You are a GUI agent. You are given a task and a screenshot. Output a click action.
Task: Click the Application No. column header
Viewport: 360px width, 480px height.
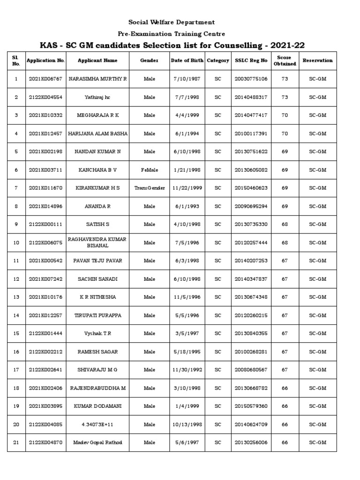[x=45, y=60]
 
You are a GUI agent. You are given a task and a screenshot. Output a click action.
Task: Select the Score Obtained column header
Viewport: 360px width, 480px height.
[x=285, y=60]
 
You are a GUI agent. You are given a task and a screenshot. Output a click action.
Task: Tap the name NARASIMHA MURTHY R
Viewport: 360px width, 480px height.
[x=97, y=79]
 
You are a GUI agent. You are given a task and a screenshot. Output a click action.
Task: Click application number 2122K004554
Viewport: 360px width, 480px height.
[x=45, y=97]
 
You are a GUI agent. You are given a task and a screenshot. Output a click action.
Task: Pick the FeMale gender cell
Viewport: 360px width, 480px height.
[x=150, y=170]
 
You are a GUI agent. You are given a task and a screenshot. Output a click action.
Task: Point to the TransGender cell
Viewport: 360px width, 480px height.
[x=150, y=188]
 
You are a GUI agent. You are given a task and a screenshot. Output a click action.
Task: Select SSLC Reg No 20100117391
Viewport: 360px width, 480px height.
[x=251, y=134]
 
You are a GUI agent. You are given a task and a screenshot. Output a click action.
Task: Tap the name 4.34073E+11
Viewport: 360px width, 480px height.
[x=97, y=425]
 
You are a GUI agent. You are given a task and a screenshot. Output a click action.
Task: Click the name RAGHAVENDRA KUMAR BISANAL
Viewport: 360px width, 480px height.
[x=97, y=242]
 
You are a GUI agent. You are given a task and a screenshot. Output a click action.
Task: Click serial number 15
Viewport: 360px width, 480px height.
[x=16, y=334]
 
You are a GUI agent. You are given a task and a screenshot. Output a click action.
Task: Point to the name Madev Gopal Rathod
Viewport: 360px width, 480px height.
[x=97, y=442]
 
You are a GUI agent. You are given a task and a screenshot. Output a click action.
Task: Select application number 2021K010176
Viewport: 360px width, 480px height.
[x=45, y=297]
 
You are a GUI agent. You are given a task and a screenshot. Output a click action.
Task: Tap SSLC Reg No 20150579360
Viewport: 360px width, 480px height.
[x=251, y=406]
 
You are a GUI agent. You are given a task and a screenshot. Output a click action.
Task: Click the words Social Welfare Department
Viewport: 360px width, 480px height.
[x=172, y=22]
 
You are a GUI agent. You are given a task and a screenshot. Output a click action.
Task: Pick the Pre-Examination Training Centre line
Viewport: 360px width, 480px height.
[x=172, y=34]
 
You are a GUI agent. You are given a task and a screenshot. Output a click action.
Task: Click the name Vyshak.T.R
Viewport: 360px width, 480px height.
[x=97, y=334]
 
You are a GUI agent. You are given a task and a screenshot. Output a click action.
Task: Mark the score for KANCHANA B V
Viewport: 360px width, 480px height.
[x=285, y=170]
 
